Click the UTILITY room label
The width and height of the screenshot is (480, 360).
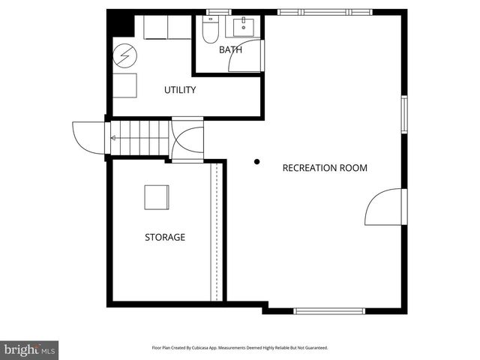[180, 90]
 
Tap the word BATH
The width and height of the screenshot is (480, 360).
[230, 50]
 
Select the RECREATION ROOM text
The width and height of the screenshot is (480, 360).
[325, 168]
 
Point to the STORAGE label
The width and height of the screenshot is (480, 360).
[165, 237]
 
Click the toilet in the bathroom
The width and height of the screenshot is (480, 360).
[211, 32]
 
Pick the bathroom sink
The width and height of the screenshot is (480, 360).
[244, 28]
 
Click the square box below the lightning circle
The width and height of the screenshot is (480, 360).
[124, 85]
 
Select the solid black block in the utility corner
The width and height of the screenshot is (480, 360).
[120, 25]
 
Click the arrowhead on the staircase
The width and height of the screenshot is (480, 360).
[114, 138]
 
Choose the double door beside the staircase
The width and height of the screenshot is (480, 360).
[187, 139]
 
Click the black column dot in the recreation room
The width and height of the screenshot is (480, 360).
[256, 161]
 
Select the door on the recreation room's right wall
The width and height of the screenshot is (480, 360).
[385, 207]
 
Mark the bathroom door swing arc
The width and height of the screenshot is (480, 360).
[245, 56]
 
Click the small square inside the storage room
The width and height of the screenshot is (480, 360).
[157, 197]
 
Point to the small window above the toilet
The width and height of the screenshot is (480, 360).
[218, 12]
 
